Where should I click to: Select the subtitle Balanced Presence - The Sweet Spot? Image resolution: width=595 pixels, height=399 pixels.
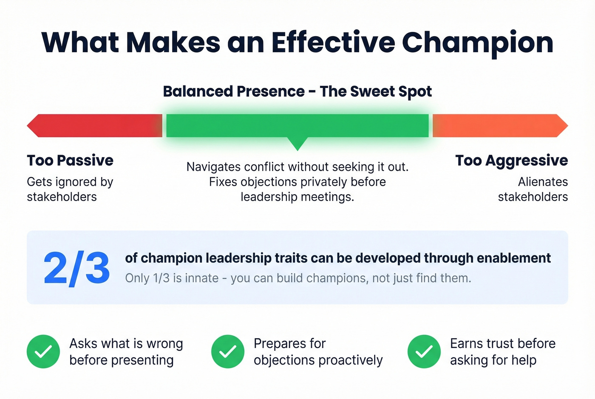click(x=297, y=91)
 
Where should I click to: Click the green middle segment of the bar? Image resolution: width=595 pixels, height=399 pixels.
click(x=297, y=125)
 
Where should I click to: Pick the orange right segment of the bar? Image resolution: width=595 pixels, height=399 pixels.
click(x=499, y=125)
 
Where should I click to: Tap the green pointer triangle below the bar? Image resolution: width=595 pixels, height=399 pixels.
click(x=297, y=143)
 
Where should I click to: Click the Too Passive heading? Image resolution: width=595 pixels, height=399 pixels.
click(x=70, y=161)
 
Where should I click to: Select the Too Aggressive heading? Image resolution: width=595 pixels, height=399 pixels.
click(x=511, y=161)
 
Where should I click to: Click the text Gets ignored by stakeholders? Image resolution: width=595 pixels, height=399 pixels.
click(x=70, y=189)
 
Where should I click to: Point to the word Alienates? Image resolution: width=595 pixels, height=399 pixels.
click(x=543, y=182)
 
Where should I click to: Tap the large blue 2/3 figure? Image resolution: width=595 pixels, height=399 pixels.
click(x=76, y=269)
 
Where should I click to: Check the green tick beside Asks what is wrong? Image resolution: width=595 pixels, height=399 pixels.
click(x=43, y=351)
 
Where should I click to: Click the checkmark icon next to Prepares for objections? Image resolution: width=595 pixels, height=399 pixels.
click(x=228, y=351)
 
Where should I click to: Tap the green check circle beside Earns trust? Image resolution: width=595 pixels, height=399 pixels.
click(x=424, y=351)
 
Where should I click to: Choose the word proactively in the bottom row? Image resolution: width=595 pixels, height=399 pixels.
click(x=350, y=360)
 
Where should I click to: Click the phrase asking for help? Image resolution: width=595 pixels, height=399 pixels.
click(x=493, y=360)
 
